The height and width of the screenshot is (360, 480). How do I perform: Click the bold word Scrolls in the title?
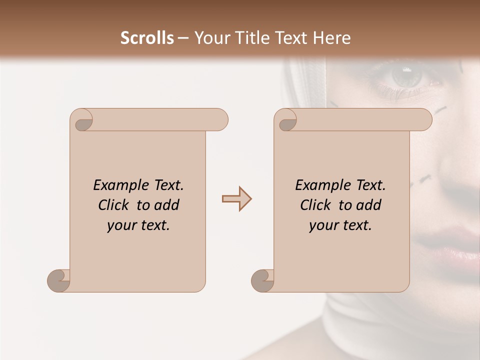(x=147, y=38)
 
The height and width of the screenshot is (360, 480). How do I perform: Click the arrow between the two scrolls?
(x=236, y=199)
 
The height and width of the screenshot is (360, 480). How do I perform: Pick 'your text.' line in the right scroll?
(x=340, y=225)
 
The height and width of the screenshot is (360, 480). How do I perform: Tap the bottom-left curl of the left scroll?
(x=58, y=281)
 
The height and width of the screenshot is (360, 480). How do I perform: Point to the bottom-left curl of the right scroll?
(x=262, y=281)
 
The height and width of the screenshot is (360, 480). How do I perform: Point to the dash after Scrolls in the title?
(x=183, y=38)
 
